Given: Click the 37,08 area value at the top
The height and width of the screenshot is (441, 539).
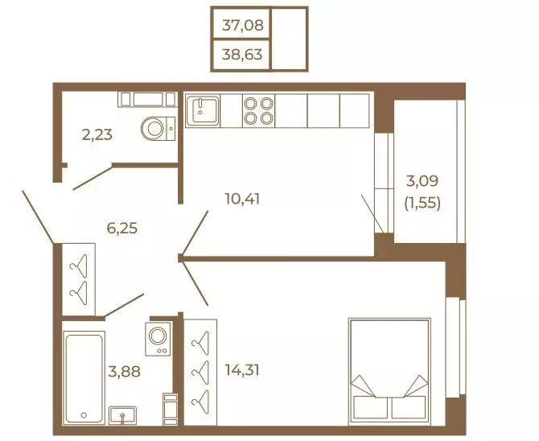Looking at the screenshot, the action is click(x=242, y=25).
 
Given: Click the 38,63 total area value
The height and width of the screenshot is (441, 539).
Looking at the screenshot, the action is click(x=242, y=55).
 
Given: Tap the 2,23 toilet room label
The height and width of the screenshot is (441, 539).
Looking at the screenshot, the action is click(x=97, y=134).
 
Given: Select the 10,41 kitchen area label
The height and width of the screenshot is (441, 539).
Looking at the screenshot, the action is click(x=242, y=199).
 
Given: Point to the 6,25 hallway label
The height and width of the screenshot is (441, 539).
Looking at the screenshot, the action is click(x=122, y=228).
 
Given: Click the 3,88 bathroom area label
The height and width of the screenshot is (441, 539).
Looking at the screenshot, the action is click(x=124, y=372).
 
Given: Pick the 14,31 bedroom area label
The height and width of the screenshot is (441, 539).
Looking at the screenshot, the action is click(x=242, y=370).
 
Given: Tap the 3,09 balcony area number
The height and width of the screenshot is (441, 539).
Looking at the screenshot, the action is click(x=422, y=181).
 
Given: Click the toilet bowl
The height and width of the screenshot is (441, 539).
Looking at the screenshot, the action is click(x=158, y=129).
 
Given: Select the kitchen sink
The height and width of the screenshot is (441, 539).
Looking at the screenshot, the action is click(x=203, y=110).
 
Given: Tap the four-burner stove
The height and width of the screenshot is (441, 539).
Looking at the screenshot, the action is click(x=258, y=110).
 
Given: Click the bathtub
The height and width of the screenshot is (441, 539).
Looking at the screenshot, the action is click(x=84, y=377).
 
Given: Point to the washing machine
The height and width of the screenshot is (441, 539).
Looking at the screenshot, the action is click(x=158, y=339).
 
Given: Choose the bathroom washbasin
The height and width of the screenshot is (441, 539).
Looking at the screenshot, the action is click(x=122, y=415).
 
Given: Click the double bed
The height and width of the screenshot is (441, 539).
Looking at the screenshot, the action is click(x=389, y=373).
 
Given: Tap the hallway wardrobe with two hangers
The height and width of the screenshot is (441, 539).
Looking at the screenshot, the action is click(x=78, y=279).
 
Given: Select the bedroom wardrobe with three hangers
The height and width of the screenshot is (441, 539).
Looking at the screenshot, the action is click(x=200, y=373).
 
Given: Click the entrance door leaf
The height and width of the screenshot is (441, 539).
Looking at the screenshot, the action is click(x=38, y=217).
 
